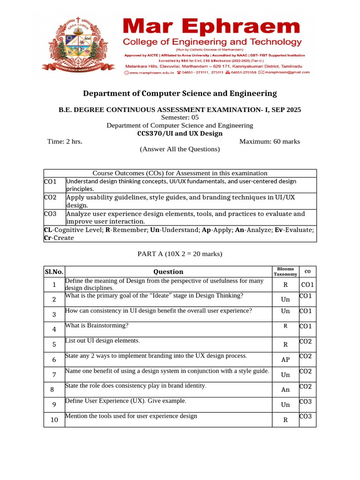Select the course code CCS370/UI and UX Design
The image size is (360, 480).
pyautogui.click(x=180, y=134)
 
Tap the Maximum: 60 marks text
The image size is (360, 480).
pyautogui.click(x=270, y=142)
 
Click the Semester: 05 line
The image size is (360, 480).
pyautogui.click(x=180, y=118)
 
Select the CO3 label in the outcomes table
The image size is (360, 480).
pyautogui.click(x=50, y=214)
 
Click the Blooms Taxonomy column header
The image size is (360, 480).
pyautogui.click(x=285, y=271)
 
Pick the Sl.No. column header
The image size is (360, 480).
pyautogui.click(x=54, y=272)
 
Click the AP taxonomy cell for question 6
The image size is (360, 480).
pyautogui.click(x=285, y=360)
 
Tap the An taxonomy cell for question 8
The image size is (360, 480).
pyautogui.click(x=285, y=390)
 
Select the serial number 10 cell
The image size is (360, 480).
pyautogui.click(x=54, y=420)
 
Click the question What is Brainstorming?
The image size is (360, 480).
pyautogui.click(x=97, y=325)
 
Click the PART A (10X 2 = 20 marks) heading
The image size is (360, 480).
pyautogui.click(x=180, y=254)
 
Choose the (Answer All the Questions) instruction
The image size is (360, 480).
pyautogui.click(x=180, y=150)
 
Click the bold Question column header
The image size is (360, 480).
pyautogui.click(x=168, y=272)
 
